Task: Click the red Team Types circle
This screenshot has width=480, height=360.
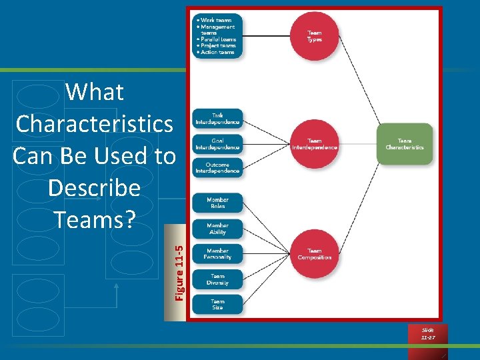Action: (314, 36)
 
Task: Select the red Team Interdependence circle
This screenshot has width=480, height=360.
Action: (314, 144)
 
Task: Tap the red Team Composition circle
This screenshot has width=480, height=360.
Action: (314, 254)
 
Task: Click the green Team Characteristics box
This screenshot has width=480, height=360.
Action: (405, 144)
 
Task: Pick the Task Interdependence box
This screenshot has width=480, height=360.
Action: (217, 119)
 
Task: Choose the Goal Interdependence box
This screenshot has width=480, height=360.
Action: (217, 144)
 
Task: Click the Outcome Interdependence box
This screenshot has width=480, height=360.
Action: (217, 167)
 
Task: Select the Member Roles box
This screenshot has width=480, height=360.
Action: (217, 203)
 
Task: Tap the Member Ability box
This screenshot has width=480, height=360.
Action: (217, 229)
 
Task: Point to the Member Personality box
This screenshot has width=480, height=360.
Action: (217, 254)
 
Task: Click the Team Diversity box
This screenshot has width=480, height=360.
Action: (217, 279)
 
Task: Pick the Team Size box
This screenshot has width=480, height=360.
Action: (217, 305)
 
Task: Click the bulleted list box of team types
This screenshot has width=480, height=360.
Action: (217, 36)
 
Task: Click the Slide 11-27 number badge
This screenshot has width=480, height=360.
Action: (427, 334)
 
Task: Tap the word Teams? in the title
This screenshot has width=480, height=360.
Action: (95, 219)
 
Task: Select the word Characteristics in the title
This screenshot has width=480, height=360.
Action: (95, 124)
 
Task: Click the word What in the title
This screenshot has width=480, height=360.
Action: (95, 92)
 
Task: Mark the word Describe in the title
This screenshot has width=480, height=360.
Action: (95, 188)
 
